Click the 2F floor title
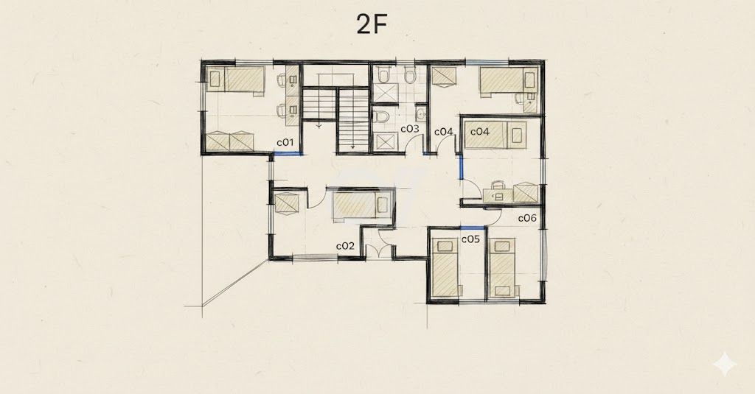[x=372, y=24]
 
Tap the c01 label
[x=285, y=142]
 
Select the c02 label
[x=345, y=246]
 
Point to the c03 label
[x=410, y=129]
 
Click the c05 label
[x=470, y=239]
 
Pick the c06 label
[x=527, y=218]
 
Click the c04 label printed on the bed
[x=479, y=131]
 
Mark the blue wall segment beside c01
[x=288, y=154]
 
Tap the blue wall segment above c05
[x=473, y=228]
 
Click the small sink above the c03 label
[x=421, y=114]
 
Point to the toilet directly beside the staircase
[x=383, y=116]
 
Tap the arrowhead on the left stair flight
[x=319, y=127]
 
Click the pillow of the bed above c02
[x=383, y=205]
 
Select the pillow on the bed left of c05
[x=445, y=247]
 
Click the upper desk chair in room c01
[x=282, y=80]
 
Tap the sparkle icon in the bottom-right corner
[x=725, y=365]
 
